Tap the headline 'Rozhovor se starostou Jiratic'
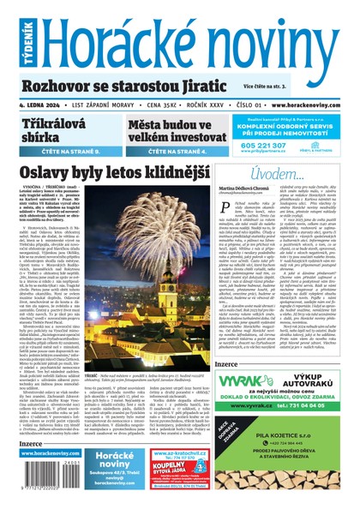[x=129, y=87]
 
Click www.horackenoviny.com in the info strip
[x=310, y=105]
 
